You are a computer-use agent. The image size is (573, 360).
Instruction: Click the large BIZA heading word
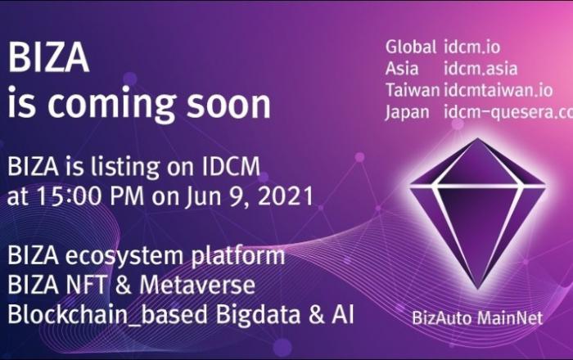(48, 58)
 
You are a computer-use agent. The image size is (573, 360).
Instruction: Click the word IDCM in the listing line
(231, 166)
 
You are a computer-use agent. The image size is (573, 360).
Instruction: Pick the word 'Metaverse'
(197, 286)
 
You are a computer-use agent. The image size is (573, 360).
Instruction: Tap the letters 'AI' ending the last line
(343, 314)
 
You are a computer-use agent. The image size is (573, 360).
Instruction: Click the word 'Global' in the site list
(411, 47)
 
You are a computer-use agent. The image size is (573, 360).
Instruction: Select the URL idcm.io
(471, 47)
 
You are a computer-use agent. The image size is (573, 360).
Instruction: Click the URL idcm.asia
(481, 69)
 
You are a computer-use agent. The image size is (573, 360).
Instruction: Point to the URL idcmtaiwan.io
(498, 90)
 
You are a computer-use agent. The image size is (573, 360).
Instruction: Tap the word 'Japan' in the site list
(407, 112)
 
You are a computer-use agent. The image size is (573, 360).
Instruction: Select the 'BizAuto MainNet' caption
(477, 317)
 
